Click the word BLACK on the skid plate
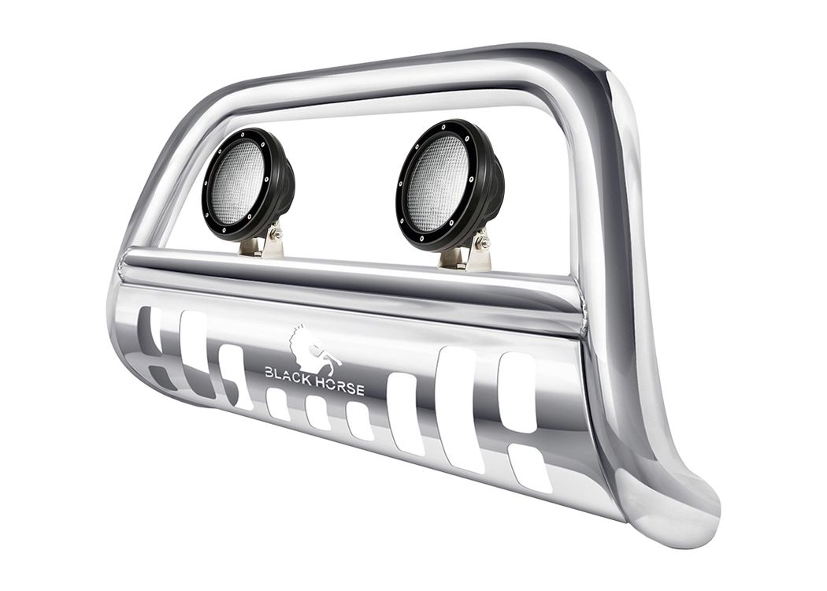click(291, 374)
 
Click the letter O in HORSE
click(339, 386)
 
